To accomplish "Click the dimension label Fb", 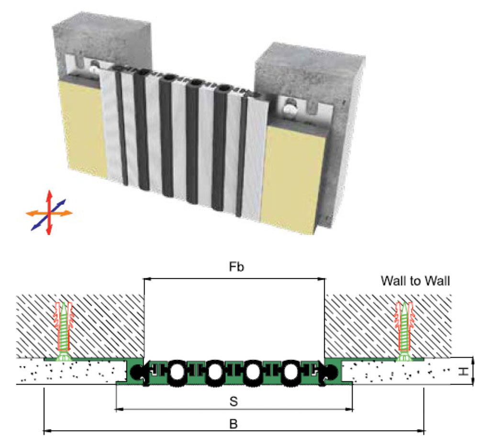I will point(235,267).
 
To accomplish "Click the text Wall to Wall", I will point(415,281).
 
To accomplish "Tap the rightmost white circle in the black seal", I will point(291,371).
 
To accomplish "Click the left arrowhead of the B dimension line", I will point(46,431).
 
